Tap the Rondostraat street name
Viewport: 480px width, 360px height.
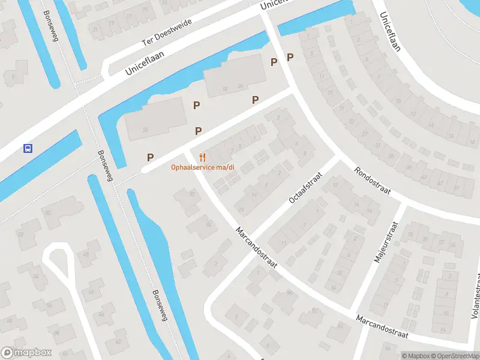coord(371,181)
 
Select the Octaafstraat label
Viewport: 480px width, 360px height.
coord(305,188)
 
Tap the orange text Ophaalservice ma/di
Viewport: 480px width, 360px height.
coord(202,167)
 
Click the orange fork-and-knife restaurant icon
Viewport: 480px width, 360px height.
coord(203,157)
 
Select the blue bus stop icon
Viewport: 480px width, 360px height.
coord(27,148)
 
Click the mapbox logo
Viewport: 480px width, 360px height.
coord(26,352)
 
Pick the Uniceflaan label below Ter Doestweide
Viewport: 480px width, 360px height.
coord(145,63)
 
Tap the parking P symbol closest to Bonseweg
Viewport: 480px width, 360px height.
coord(150,157)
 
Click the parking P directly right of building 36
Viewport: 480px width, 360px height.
coord(196,105)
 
